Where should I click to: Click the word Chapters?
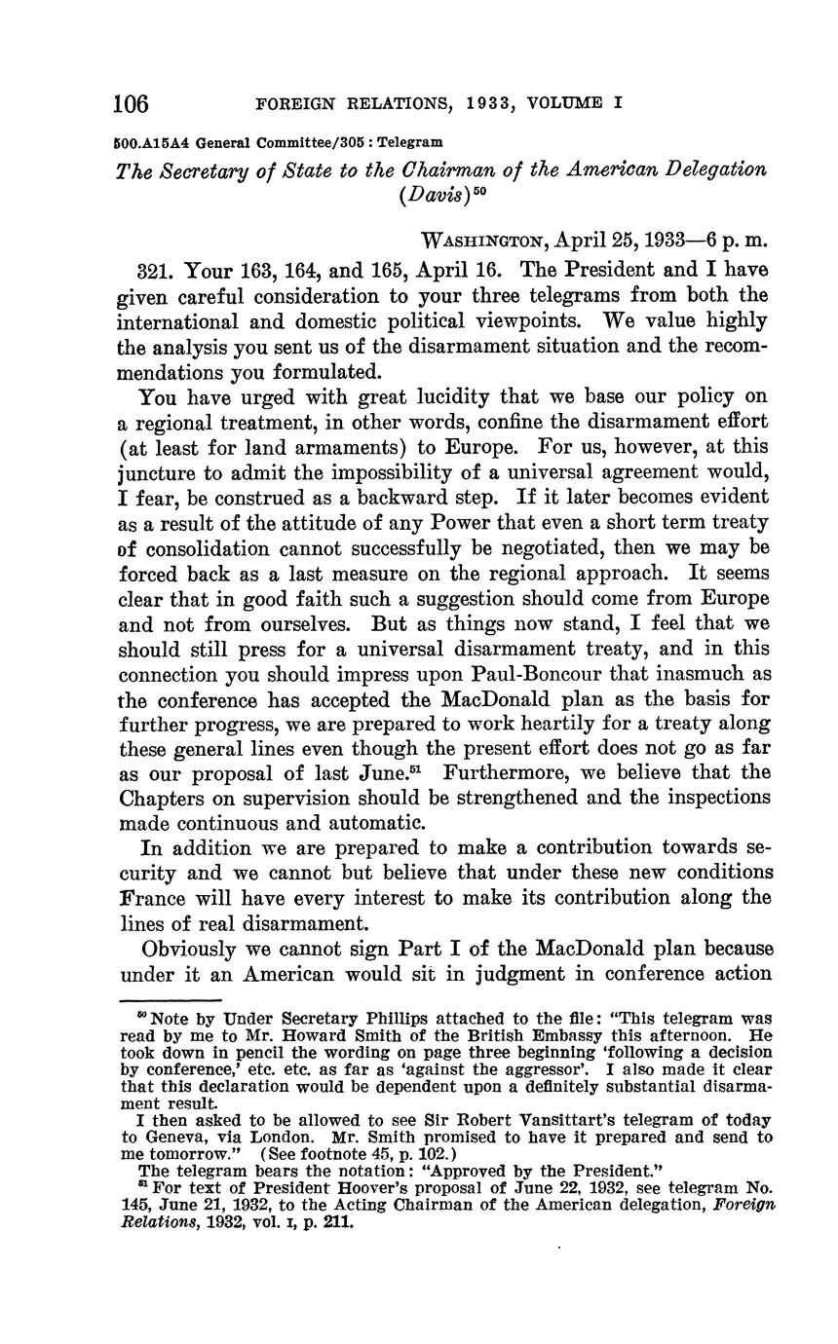(x=161, y=798)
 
